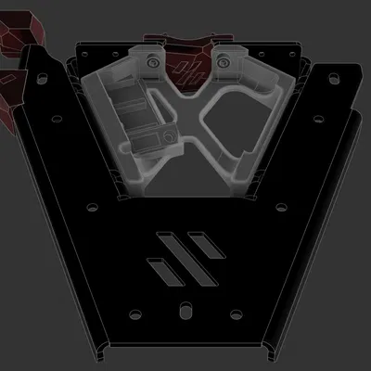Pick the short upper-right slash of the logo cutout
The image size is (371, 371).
pyautogui.click(x=206, y=242)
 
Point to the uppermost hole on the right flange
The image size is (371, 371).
pyautogui.click(x=331, y=78)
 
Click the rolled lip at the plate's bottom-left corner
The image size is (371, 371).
pyautogui.click(x=100, y=351)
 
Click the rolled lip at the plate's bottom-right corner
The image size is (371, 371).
pyautogui.click(x=270, y=351)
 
